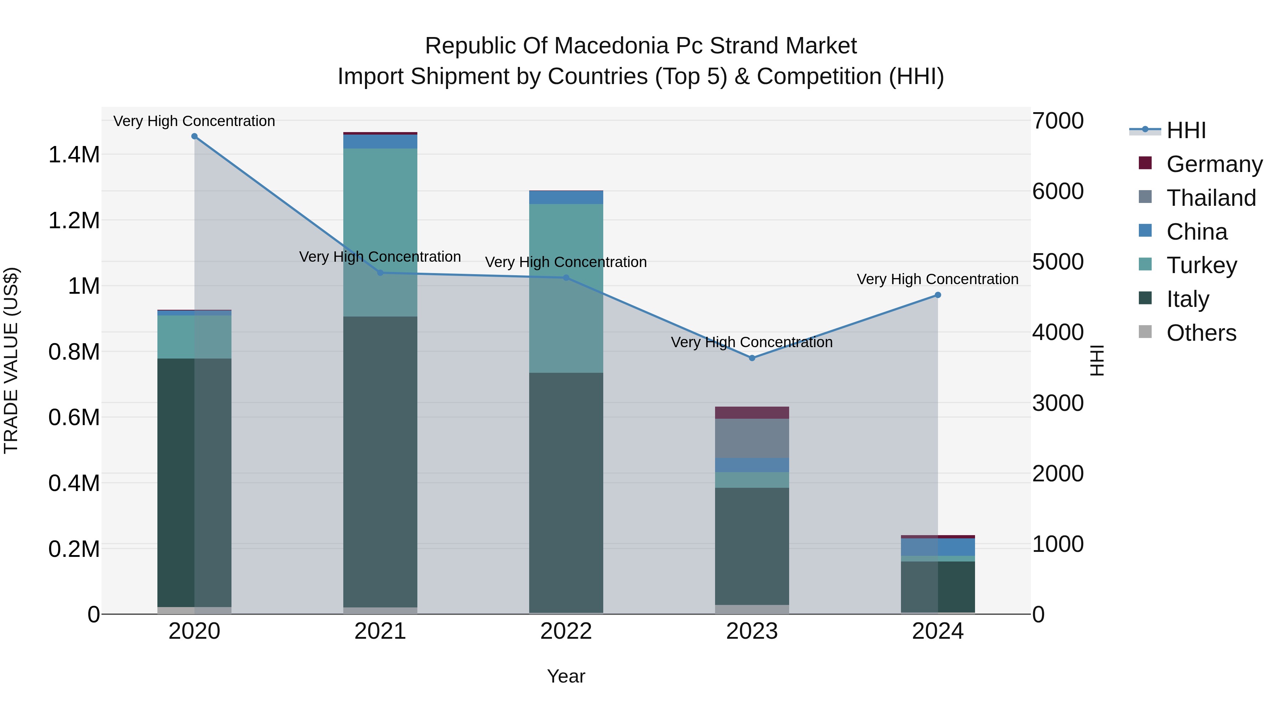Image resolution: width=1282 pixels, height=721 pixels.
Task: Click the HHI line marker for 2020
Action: (x=194, y=136)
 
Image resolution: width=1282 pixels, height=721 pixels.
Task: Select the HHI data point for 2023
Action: (x=752, y=358)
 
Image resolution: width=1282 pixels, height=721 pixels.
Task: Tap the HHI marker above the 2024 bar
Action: (x=938, y=295)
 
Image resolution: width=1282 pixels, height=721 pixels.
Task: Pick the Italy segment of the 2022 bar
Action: (x=566, y=493)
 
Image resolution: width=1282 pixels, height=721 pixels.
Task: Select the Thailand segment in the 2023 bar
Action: (x=752, y=438)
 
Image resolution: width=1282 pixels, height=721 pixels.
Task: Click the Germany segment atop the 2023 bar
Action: (x=752, y=413)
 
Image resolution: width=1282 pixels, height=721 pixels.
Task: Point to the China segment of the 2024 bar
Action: (x=938, y=547)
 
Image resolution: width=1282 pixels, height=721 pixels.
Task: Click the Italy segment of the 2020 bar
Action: (x=194, y=483)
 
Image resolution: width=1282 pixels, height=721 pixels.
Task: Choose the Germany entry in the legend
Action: (x=1214, y=164)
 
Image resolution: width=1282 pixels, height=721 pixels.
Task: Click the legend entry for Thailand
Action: (x=1211, y=198)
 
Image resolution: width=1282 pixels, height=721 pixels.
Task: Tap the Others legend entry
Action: (x=1201, y=333)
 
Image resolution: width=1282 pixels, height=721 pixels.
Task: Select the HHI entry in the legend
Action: (x=1185, y=130)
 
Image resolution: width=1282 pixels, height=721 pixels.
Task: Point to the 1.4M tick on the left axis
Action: (x=74, y=155)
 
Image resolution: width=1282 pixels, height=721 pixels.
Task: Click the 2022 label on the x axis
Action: (x=566, y=631)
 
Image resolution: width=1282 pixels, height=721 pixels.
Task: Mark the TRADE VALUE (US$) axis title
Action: (x=11, y=360)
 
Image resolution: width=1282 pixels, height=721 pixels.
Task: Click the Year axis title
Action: (x=566, y=676)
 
